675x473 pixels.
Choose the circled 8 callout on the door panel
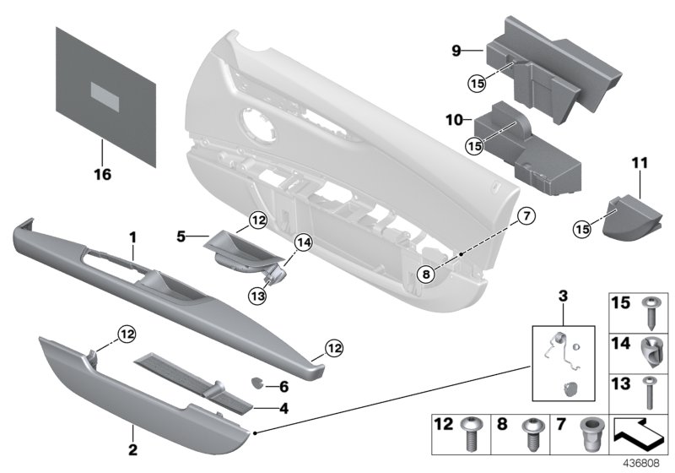(427, 273)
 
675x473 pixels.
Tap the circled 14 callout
(302, 245)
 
